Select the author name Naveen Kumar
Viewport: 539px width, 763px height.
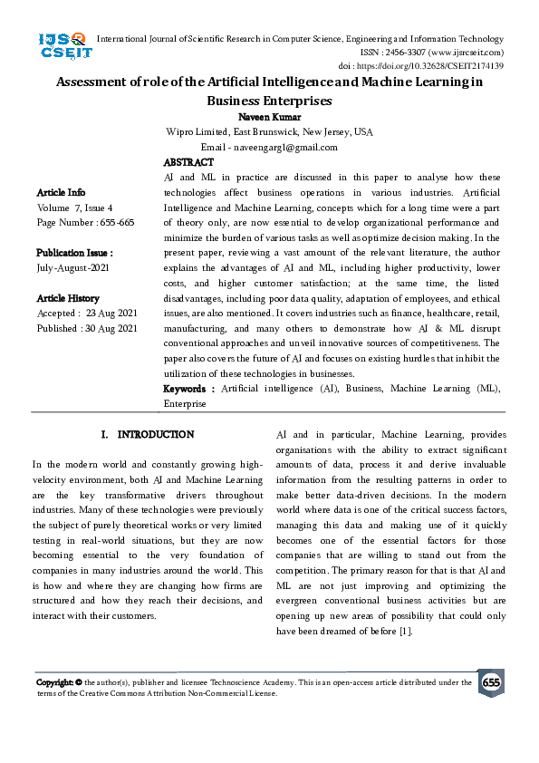click(269, 117)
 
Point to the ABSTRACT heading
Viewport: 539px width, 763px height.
click(188, 161)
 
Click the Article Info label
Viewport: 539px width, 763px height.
click(62, 192)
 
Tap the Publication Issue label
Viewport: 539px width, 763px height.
click(74, 253)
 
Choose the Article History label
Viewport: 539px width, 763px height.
click(68, 298)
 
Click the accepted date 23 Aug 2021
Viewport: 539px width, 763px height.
click(111, 314)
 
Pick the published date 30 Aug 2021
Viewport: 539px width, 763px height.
click(113, 328)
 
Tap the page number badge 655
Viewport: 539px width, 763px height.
click(491, 682)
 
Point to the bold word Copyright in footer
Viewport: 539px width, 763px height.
click(54, 682)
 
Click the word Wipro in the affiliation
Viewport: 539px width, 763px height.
click(181, 132)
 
